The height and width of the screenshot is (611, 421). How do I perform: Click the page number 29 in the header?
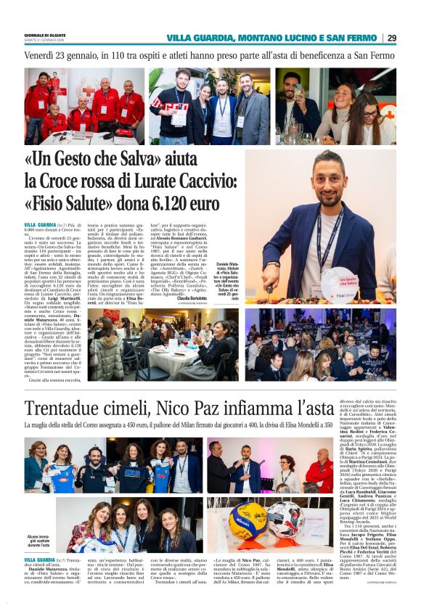click(x=392, y=38)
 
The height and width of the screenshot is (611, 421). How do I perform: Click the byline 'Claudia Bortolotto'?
click(x=216, y=298)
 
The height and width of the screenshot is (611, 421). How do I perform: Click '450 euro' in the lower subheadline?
click(x=191, y=425)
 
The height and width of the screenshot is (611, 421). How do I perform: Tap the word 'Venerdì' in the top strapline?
click(x=42, y=55)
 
